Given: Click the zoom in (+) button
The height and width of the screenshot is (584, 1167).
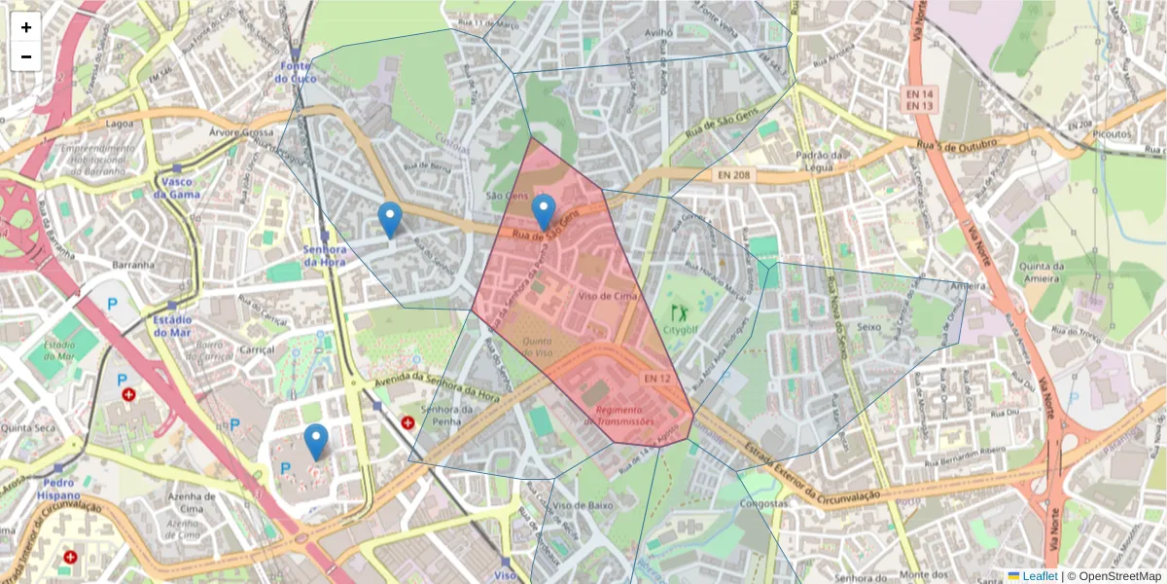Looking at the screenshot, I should point(26,27).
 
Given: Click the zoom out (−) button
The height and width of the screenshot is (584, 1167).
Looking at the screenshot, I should point(26,56).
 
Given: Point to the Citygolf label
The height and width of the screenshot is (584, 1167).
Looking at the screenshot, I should point(681,329).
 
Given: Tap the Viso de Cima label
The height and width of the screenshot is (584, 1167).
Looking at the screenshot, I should point(608,295).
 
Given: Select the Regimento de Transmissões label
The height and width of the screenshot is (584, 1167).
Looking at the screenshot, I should point(625,416).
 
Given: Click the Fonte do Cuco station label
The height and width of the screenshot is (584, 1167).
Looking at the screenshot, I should point(296,72).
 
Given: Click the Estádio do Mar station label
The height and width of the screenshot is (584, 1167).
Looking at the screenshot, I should point(172,326).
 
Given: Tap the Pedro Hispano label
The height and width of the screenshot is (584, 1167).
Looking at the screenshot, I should point(59,489).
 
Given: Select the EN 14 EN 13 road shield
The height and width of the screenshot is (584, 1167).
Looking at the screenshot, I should point(920,98).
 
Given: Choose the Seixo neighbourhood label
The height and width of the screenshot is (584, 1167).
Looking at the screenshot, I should point(868,327).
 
